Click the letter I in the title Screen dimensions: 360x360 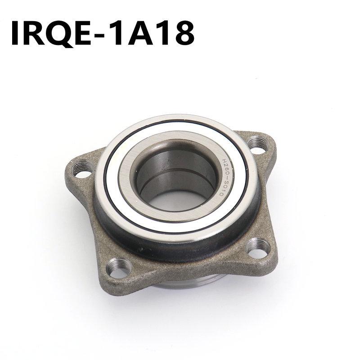(x=16, y=33)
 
